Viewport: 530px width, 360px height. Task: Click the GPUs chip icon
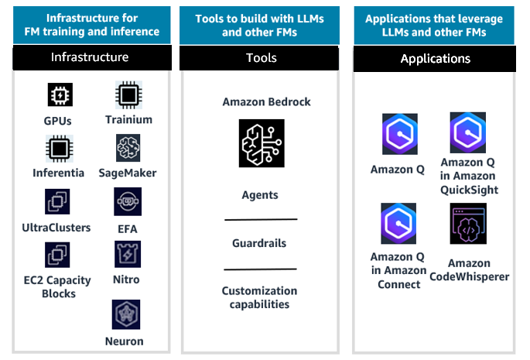pyautogui.click(x=58, y=95)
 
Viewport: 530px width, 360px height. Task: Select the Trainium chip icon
pyautogui.click(x=128, y=94)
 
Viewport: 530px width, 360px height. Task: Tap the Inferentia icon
pyautogui.click(x=58, y=147)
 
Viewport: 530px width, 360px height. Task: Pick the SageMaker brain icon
pyautogui.click(x=128, y=147)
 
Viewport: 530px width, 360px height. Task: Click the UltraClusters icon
pyautogui.click(x=58, y=201)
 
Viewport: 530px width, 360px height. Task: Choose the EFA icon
pyautogui.click(x=128, y=201)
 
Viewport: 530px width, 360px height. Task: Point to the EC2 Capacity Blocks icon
pyautogui.click(x=58, y=255)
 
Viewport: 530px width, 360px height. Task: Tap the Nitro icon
pyautogui.click(x=128, y=255)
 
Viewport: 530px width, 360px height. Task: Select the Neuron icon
pyautogui.click(x=128, y=313)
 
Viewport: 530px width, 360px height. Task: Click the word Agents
pyautogui.click(x=260, y=196)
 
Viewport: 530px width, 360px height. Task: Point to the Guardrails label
pyautogui.click(x=260, y=243)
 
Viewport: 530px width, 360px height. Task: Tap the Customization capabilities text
pyautogui.click(x=260, y=297)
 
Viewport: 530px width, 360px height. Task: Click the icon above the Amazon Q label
pyautogui.click(x=398, y=135)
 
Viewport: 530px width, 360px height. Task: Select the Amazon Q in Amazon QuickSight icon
pyautogui.click(x=468, y=132)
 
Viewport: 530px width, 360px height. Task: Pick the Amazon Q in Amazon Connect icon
pyautogui.click(x=398, y=224)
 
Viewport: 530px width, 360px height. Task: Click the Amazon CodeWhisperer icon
pyautogui.click(x=468, y=225)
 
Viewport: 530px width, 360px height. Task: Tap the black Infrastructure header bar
pyautogui.click(x=90, y=57)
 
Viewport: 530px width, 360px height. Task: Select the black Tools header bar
pyautogui.click(x=261, y=58)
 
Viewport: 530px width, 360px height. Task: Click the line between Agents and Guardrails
pyautogui.click(x=260, y=220)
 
